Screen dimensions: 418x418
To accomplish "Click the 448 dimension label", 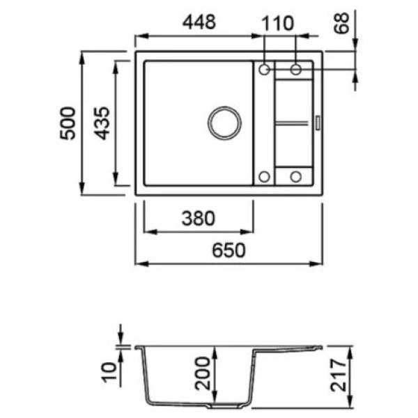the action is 199,22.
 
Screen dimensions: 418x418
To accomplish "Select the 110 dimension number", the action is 278,23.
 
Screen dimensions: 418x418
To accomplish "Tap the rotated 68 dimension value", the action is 342,23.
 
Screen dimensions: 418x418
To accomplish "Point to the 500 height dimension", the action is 67,123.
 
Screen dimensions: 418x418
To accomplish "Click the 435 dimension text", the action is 102,123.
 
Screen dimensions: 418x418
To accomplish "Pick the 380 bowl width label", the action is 198,218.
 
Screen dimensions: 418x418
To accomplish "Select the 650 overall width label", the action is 229,250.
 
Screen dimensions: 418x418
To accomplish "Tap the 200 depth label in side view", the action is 202,373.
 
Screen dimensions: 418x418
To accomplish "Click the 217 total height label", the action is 338,375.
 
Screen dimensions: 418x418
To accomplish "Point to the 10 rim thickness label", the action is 110,372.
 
